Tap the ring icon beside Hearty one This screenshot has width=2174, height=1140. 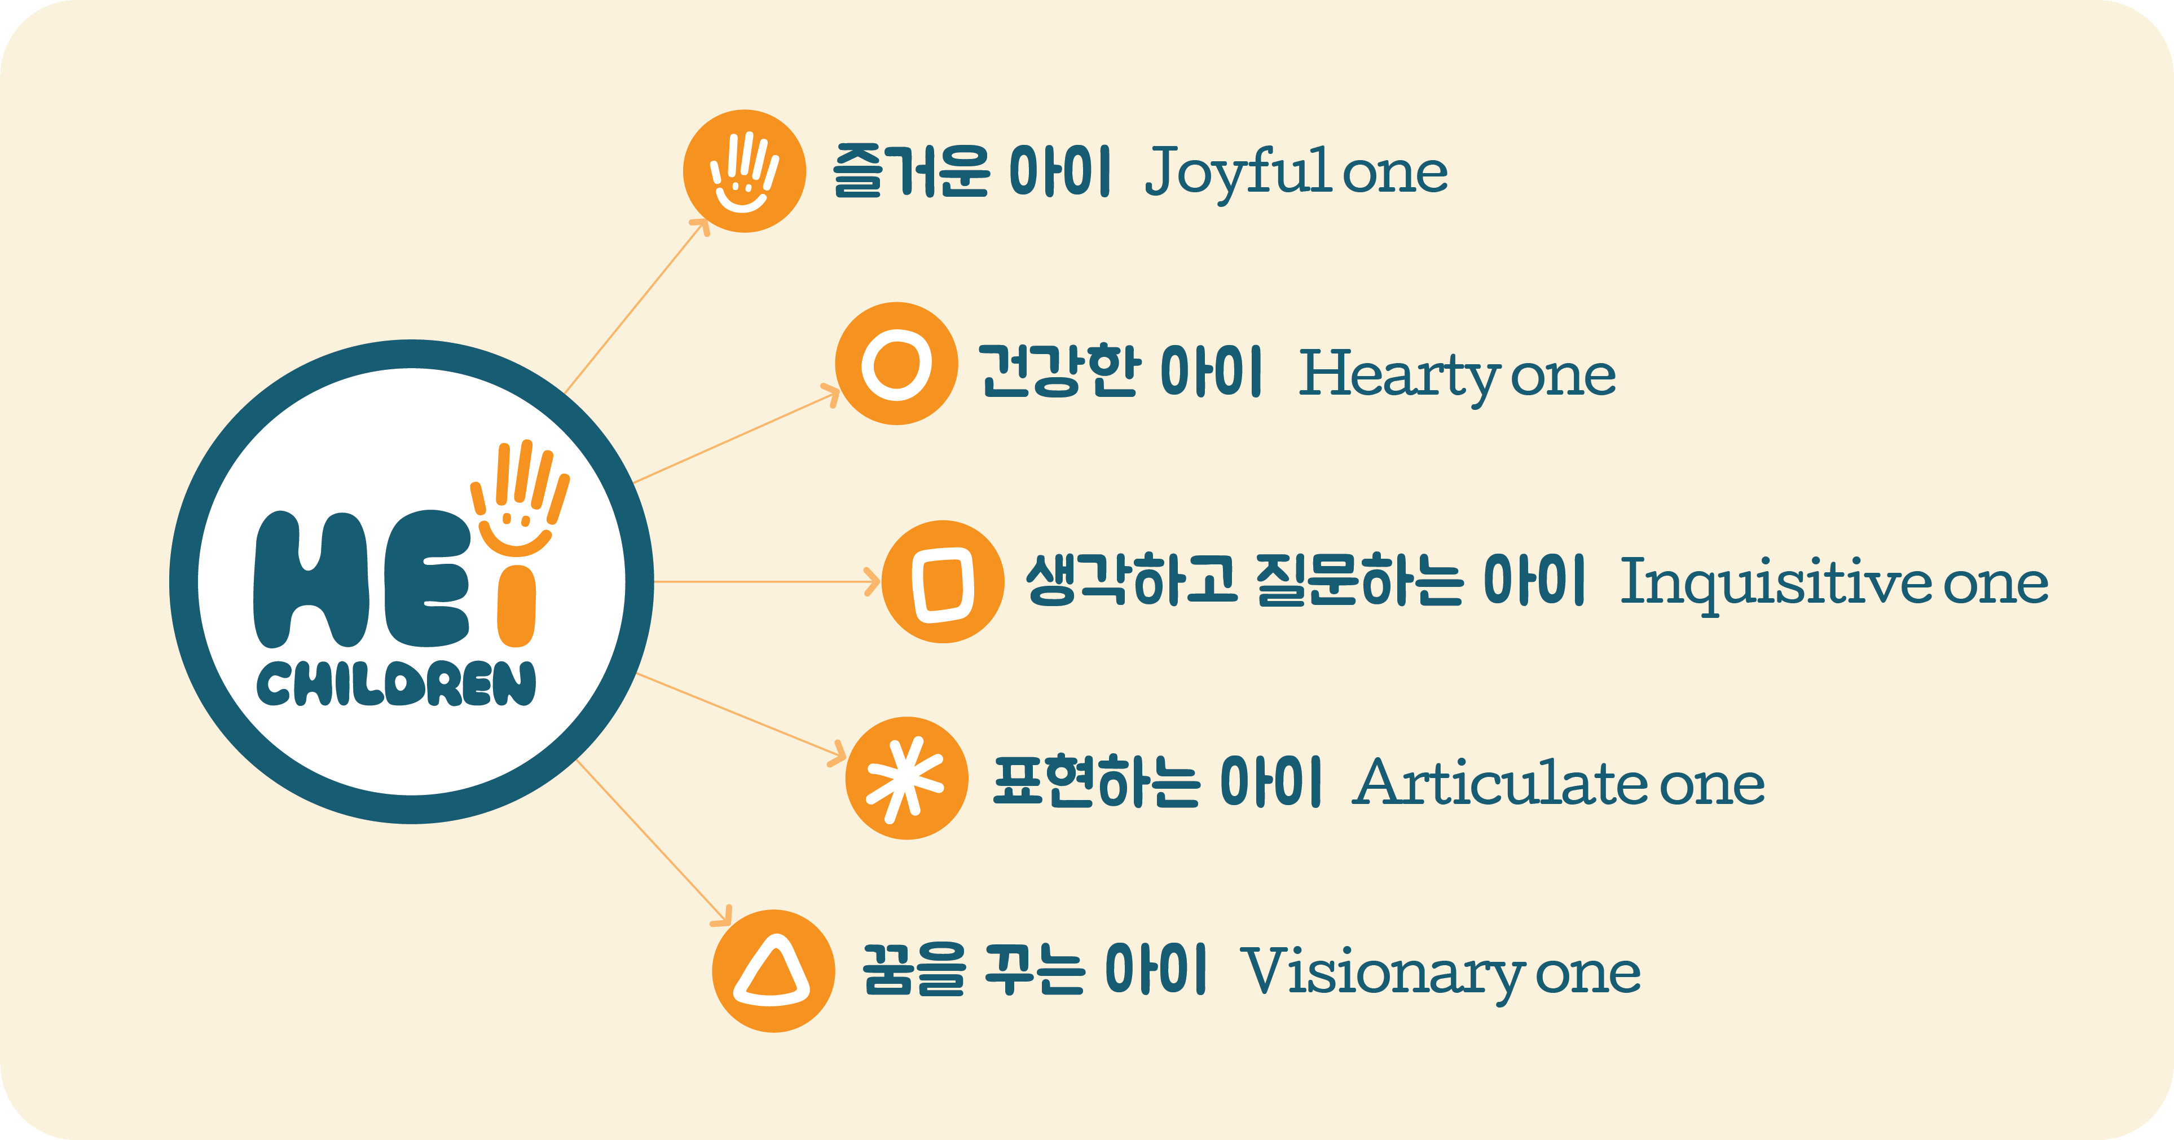[896, 364]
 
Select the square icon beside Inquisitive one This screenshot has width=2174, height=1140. [943, 581]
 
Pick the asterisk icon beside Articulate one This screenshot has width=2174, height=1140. [906, 778]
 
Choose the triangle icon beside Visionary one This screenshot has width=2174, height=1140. [773, 970]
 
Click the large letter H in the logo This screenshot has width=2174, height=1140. [311, 579]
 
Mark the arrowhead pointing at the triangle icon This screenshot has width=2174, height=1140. [723, 916]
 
